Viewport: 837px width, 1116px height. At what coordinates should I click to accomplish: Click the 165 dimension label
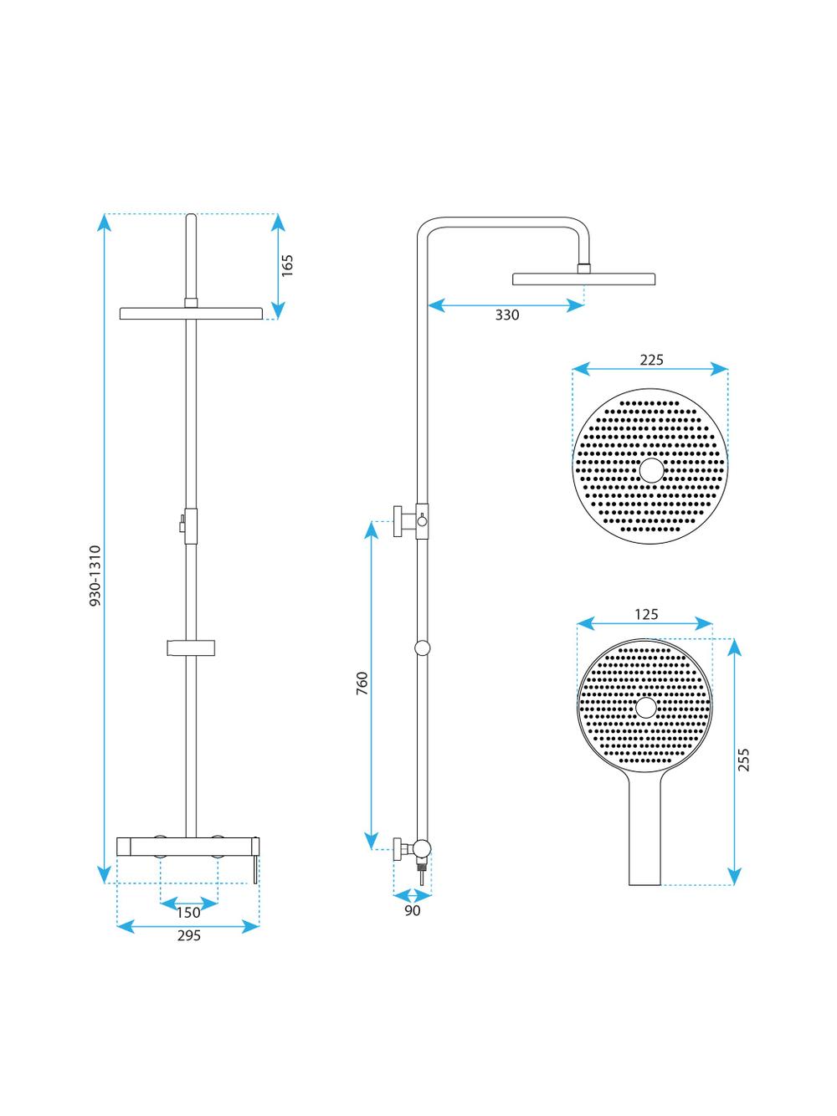coord(287,265)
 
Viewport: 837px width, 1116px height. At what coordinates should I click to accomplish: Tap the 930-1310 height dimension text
coord(95,576)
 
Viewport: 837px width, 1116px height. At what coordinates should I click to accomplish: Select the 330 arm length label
coord(507,315)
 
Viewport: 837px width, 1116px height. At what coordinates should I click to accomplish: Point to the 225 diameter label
coord(651,360)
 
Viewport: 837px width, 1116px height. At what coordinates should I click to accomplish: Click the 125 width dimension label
coord(646,614)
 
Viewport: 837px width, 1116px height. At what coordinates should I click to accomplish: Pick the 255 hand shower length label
coord(743,760)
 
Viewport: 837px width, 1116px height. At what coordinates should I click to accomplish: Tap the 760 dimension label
coord(362,683)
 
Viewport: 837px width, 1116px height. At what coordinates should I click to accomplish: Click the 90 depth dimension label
coord(413,910)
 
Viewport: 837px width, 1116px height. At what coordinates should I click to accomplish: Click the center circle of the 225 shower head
coord(651,470)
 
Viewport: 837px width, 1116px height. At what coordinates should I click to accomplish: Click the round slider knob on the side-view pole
coord(422,648)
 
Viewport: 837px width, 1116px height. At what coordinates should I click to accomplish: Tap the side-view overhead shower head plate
coord(583,279)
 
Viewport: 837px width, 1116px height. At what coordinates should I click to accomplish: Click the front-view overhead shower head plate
coord(191,313)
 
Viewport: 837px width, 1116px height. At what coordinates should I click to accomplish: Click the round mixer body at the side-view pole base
coord(422,848)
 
